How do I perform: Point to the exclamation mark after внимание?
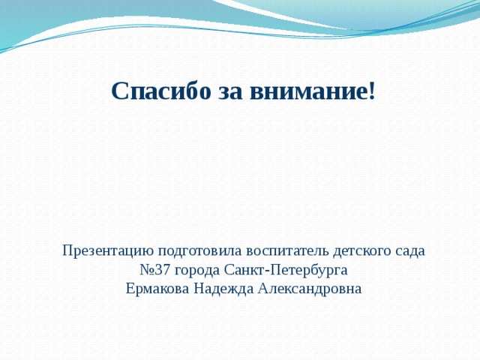(371, 91)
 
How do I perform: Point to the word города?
(198, 269)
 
